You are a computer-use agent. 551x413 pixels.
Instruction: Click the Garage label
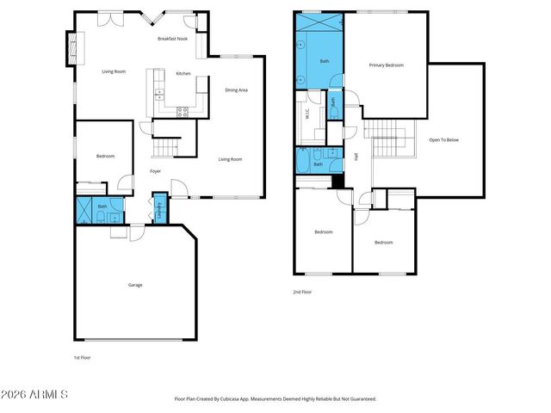point(135,285)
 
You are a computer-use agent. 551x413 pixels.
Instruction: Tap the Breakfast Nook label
point(173,40)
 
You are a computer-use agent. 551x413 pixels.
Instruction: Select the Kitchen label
point(183,74)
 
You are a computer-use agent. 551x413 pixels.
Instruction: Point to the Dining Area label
point(237,89)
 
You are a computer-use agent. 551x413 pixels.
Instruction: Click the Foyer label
point(156,171)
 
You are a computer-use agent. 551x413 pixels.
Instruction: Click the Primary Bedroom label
point(387,65)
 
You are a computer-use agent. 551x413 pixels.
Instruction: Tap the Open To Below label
point(444,139)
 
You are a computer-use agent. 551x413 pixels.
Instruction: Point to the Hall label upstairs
point(356,157)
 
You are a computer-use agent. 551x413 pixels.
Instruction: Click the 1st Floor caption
point(82,357)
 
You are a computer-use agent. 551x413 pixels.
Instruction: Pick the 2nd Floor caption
point(302,293)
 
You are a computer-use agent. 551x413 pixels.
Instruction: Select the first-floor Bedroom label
point(105,156)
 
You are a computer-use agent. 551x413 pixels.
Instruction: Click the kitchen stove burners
point(183,110)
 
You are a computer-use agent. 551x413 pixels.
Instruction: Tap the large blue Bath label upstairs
point(325,61)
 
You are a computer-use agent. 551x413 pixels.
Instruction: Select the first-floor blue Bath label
point(102,206)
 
